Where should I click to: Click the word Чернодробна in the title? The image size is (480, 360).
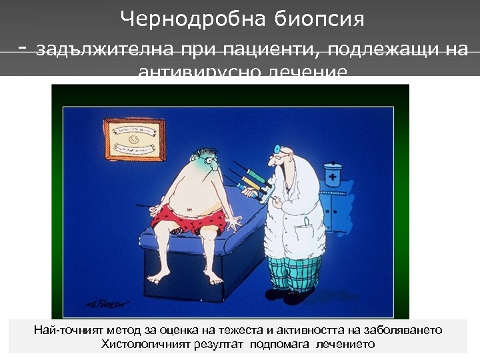pos(195,19)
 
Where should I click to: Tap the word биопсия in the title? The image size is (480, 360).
pos(319,19)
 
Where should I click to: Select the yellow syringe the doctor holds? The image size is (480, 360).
pos(250,179)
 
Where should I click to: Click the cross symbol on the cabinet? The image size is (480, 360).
pos(331,177)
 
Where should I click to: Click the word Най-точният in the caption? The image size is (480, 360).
pos(65,331)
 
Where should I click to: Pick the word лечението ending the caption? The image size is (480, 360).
pos(349,344)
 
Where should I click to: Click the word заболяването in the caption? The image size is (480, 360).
pos(407,331)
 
